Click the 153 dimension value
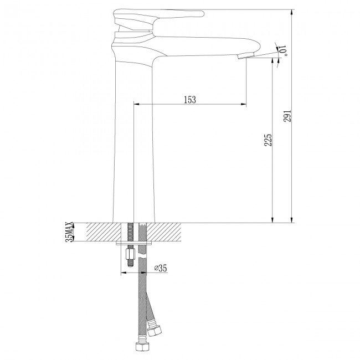[189, 99]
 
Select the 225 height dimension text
[267, 140]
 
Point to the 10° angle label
[283, 52]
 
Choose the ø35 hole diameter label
[160, 269]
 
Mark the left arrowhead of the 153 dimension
[137, 104]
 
